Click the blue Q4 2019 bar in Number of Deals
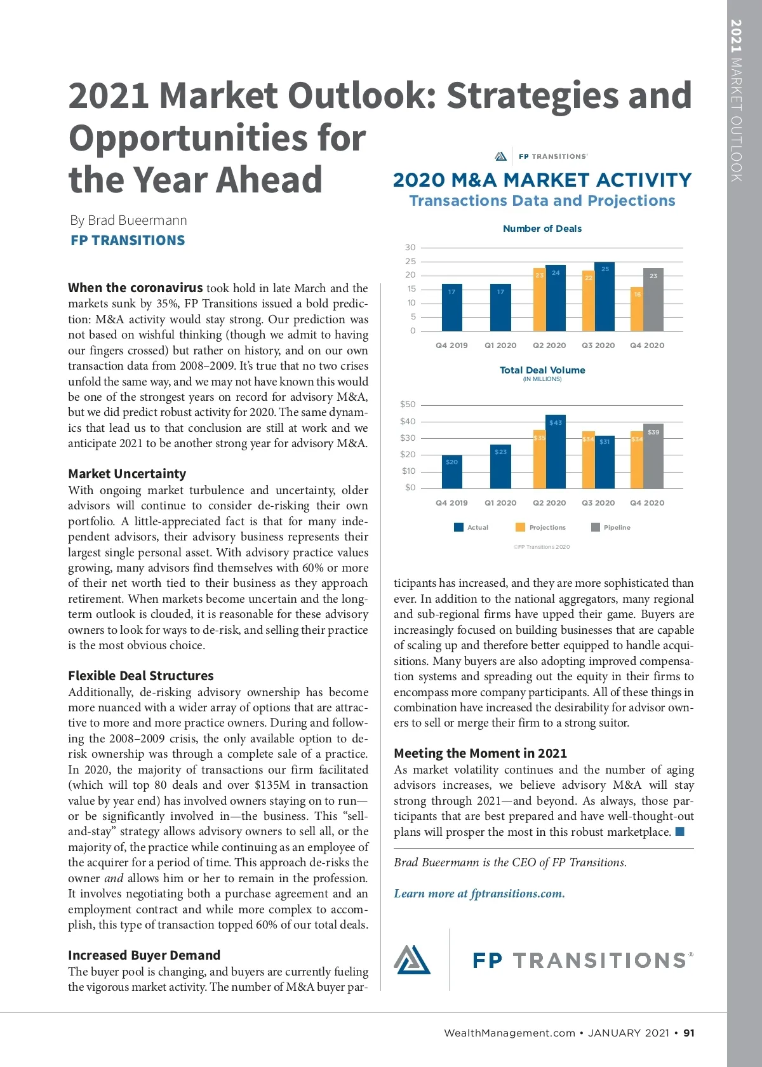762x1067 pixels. (x=451, y=307)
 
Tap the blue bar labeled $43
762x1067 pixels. (x=556, y=452)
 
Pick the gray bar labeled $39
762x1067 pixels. (x=653, y=456)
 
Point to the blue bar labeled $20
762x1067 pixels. (x=451, y=472)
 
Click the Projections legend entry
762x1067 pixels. (x=540, y=527)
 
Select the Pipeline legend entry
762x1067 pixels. (x=611, y=527)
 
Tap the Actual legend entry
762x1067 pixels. (x=471, y=527)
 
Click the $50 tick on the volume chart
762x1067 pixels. (x=408, y=405)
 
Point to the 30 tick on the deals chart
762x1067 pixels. (x=410, y=248)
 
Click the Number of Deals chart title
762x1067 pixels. (x=542, y=229)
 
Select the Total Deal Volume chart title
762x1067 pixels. (x=542, y=370)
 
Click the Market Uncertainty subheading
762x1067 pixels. (x=127, y=474)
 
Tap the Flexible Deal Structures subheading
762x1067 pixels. (x=141, y=676)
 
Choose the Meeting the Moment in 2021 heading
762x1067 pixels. (x=480, y=753)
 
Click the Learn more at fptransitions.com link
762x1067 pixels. (x=479, y=894)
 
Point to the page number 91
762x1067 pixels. (x=689, y=1033)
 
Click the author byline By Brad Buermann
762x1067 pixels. (x=128, y=220)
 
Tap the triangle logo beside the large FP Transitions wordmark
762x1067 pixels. (x=412, y=959)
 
